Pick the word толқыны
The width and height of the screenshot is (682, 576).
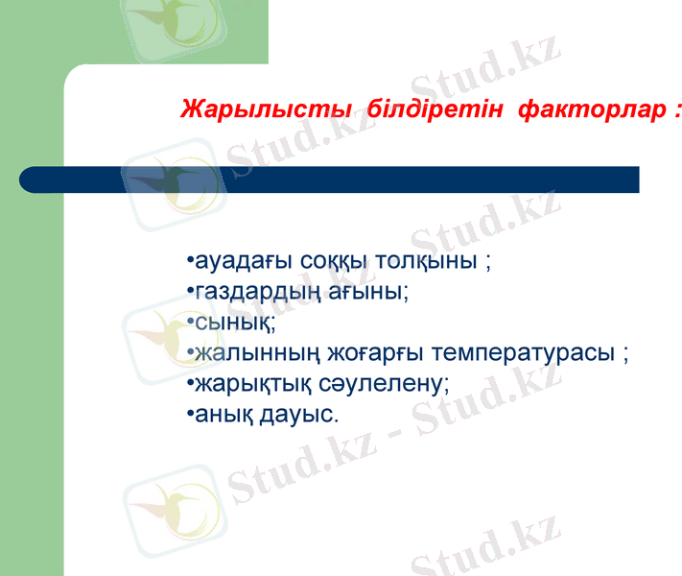427,262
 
